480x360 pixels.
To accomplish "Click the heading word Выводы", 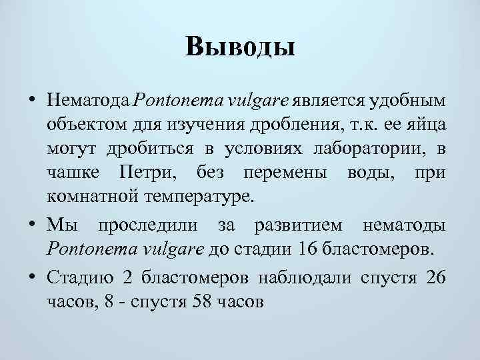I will pos(240,47).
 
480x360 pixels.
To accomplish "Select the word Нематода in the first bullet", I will pos(89,100).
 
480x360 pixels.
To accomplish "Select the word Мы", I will pos(59,226).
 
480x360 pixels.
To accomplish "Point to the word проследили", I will pos(152,226).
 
